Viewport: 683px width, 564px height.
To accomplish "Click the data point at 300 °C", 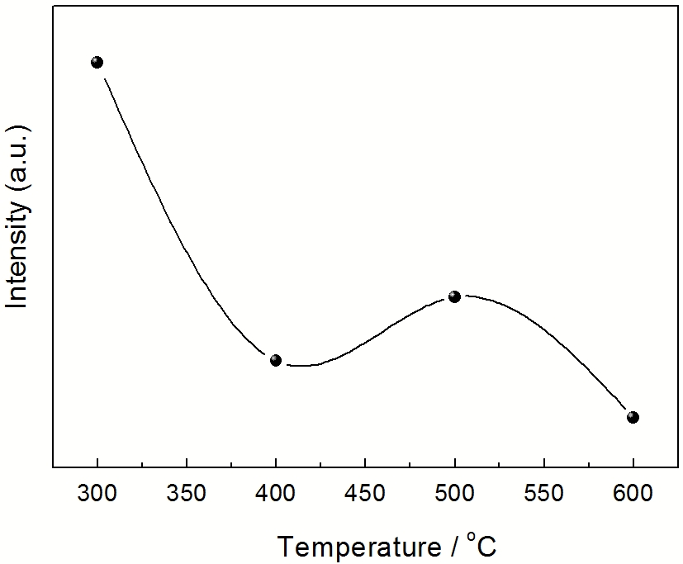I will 97,62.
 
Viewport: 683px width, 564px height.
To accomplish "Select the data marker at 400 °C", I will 276,360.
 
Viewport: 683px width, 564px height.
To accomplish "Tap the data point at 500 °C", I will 454,296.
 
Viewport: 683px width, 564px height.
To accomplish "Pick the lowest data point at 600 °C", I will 633,417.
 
